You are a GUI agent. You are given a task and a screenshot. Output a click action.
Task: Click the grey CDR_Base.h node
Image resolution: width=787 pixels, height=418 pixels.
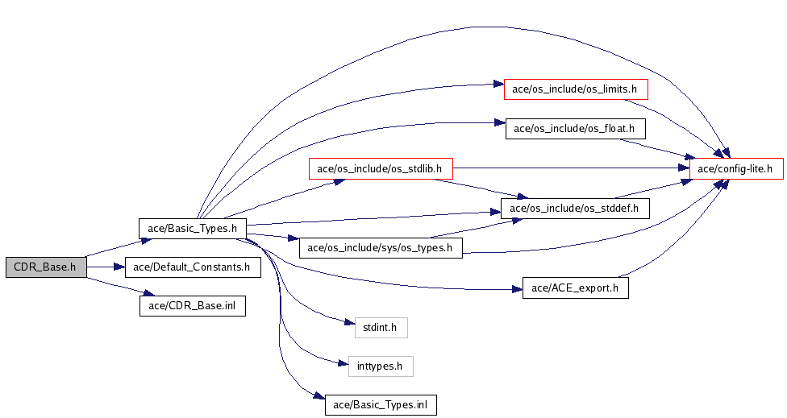click(x=46, y=267)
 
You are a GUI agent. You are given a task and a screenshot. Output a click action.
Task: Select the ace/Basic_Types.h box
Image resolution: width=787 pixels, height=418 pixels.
click(x=192, y=229)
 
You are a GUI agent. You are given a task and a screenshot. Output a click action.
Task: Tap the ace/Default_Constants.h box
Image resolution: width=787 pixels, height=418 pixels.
click(x=193, y=267)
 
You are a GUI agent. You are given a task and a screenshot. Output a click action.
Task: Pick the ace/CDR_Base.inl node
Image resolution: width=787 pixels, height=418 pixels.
click(x=193, y=306)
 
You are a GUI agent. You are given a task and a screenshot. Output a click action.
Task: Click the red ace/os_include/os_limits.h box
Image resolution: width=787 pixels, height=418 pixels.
click(x=576, y=89)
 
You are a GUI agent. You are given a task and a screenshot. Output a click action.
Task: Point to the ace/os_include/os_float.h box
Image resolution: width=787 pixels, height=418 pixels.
click(x=575, y=129)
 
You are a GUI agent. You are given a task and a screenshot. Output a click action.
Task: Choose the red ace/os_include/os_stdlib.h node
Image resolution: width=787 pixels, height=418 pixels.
click(x=381, y=168)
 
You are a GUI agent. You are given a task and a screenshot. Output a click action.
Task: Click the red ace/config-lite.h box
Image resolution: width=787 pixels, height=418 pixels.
click(x=736, y=168)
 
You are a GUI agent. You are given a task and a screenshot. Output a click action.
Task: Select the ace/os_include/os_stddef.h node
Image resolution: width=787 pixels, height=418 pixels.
click(x=575, y=209)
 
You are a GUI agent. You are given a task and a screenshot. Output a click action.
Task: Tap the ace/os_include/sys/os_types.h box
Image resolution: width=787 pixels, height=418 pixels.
click(x=381, y=248)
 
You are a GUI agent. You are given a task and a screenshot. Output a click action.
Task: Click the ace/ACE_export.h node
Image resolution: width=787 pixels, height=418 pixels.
click(x=575, y=288)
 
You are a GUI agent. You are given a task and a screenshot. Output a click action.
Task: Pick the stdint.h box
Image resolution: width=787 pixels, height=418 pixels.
click(x=381, y=328)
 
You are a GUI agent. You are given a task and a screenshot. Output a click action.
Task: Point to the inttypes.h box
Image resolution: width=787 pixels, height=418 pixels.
click(x=381, y=366)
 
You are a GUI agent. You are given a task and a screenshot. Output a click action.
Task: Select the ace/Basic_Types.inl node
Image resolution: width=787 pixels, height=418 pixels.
click(x=381, y=405)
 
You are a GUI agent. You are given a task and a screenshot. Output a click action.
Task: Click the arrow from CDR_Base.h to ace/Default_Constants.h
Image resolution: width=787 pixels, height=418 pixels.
click(x=106, y=267)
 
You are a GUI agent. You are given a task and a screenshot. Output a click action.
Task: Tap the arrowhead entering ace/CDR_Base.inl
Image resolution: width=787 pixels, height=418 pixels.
click(x=146, y=293)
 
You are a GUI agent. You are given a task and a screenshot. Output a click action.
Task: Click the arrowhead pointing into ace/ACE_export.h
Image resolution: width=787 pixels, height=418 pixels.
click(x=517, y=289)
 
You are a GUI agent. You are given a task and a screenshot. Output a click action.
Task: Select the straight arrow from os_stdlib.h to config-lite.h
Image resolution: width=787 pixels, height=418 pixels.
click(x=571, y=168)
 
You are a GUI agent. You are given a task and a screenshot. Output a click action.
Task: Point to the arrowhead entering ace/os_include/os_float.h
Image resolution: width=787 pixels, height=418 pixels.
click(x=499, y=122)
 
